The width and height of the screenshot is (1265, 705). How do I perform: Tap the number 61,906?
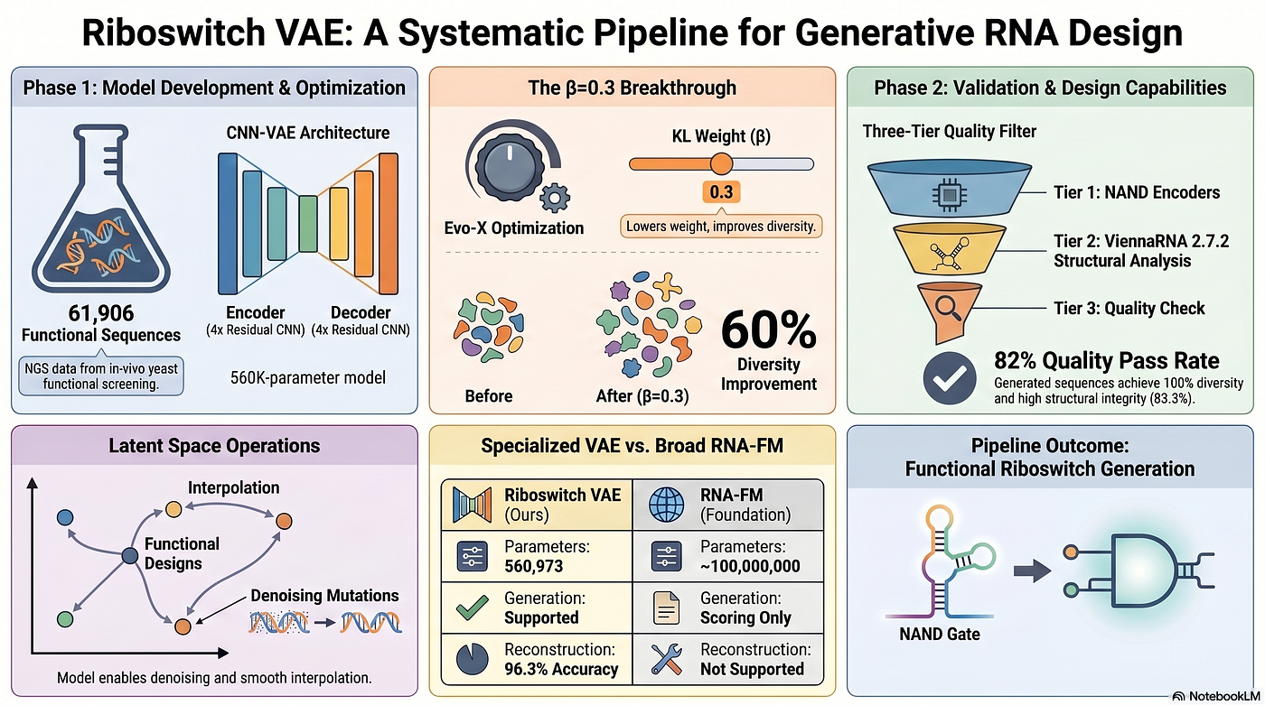[x=101, y=313]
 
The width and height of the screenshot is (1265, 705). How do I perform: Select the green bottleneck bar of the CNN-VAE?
[x=308, y=223]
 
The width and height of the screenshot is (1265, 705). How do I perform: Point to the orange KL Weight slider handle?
[x=721, y=164]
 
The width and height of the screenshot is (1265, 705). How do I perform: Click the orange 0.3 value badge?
[x=721, y=192]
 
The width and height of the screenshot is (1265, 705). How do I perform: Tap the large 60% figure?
[x=769, y=330]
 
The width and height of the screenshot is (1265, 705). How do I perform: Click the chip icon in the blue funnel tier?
[x=950, y=195]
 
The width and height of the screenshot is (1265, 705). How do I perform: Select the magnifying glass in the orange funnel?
[x=948, y=308]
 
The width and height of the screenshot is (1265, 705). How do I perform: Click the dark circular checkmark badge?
[x=950, y=378]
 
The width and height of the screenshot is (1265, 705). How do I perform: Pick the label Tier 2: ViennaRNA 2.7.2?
[x=1140, y=241]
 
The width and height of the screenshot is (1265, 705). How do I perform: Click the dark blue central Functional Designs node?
[x=130, y=556]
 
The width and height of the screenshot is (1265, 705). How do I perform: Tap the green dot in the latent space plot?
[x=65, y=619]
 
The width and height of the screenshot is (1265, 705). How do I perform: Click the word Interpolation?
[x=233, y=487]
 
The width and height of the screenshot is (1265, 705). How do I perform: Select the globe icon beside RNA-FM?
[x=667, y=505]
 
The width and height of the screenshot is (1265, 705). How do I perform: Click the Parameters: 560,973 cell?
[x=537, y=556]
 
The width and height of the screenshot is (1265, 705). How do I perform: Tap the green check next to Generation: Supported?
[x=472, y=608]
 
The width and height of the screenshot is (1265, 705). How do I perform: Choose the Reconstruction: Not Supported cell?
[x=728, y=659]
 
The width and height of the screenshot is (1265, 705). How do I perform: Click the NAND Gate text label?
[x=939, y=634]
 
